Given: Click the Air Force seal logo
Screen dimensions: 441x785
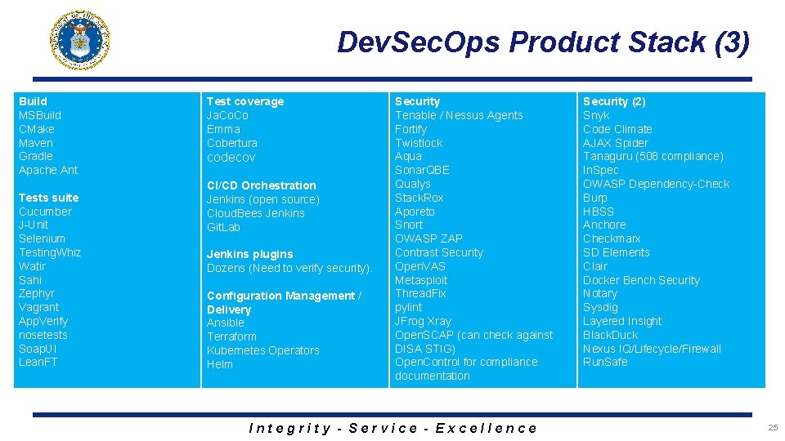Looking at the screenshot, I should (79, 40).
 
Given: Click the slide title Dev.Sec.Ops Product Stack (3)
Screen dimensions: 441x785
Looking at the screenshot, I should (543, 42).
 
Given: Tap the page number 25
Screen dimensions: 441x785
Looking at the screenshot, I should (772, 427).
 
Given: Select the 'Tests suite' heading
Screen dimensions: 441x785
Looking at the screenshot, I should (49, 198).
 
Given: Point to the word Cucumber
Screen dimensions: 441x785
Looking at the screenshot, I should (45, 212).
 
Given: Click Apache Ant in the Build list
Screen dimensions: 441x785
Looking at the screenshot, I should (48, 170).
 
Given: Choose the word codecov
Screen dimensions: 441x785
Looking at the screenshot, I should (231, 157).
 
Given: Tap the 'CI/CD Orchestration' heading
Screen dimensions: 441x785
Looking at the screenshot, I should (261, 185).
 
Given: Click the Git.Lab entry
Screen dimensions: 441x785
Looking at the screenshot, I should (223, 227).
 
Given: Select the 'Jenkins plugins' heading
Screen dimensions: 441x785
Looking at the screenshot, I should (249, 254).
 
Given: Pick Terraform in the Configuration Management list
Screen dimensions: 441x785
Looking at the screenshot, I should (231, 336).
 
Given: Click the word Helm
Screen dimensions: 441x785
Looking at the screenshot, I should (220, 364).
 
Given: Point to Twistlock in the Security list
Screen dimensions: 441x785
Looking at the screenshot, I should (419, 143).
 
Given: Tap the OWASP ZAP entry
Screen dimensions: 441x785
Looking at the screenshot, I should (428, 238).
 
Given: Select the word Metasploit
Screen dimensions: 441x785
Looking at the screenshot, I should (421, 280).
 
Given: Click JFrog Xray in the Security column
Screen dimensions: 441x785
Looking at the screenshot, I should (423, 321).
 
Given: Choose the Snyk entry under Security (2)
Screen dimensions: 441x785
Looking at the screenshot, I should (596, 115).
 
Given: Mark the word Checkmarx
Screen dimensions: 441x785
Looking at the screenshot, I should (612, 238).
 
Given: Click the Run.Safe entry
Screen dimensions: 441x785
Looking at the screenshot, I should (605, 362).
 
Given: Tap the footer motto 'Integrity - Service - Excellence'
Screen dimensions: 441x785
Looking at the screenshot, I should (392, 428).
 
